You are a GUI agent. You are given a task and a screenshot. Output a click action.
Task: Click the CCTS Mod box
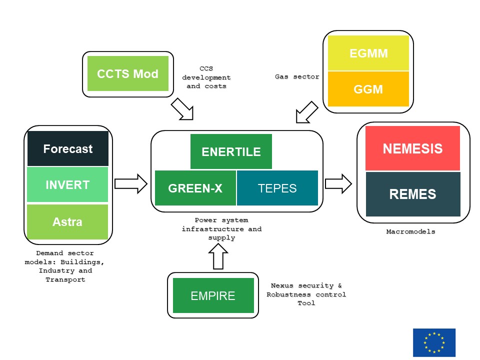point(127,74)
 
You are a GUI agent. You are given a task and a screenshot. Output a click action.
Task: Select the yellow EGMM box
point(368,53)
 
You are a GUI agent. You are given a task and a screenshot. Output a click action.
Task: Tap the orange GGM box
point(368,89)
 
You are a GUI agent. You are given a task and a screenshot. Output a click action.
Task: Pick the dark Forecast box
point(67,148)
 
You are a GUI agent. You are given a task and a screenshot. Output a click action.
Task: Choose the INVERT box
point(67,184)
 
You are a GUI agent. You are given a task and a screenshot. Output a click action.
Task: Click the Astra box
point(67,221)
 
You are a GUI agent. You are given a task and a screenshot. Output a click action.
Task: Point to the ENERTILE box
point(231,151)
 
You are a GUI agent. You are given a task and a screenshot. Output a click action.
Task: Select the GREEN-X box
point(195,188)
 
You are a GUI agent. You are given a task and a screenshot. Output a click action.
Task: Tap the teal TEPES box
point(277,188)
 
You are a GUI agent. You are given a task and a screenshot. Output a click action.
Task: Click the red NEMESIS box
point(412,148)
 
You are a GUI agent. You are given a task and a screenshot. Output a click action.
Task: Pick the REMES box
point(412,194)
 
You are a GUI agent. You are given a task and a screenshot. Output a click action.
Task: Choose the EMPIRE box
point(213,295)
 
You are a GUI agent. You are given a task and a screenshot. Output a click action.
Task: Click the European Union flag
point(434,342)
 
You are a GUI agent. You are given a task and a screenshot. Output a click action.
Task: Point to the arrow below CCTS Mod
point(182,109)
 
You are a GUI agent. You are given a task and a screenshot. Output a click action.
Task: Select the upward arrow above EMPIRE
point(217,258)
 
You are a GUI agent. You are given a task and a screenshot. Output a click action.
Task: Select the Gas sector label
point(297,76)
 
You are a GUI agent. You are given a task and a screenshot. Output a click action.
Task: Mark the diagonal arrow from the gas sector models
point(306,111)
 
